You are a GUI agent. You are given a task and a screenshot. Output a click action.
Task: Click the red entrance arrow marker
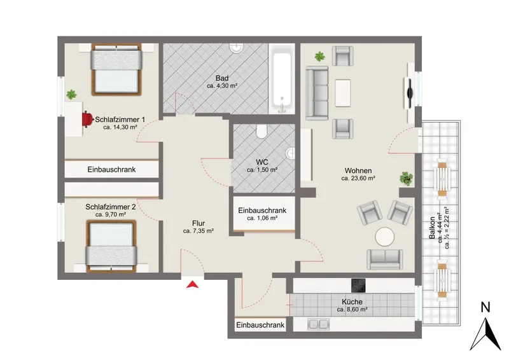[x=193, y=284]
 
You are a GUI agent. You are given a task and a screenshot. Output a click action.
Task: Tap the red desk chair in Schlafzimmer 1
[x=87, y=119]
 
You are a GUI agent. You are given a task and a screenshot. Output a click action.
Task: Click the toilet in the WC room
[x=261, y=131]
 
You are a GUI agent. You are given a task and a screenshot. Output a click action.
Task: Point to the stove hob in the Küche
[x=358, y=286]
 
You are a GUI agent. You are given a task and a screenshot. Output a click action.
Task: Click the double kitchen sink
[x=319, y=324]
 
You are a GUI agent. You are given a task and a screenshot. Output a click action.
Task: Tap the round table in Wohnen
[x=385, y=237]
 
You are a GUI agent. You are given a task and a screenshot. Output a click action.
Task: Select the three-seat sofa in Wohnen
[x=317, y=92]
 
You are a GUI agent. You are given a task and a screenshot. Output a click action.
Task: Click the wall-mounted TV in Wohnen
[x=410, y=93]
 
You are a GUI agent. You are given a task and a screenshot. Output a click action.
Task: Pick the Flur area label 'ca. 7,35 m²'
[x=198, y=231]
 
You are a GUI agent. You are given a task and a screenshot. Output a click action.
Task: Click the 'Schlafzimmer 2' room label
[x=110, y=207]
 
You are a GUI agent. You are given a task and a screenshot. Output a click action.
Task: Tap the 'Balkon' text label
[x=432, y=228]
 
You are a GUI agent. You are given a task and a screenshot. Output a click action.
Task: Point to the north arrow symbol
[x=485, y=335]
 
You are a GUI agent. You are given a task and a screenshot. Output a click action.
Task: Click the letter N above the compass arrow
[x=485, y=307]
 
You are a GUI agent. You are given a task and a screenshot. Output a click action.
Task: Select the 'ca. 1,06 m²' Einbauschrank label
[x=262, y=218]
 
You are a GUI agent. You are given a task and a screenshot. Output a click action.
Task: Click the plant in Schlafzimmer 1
[x=71, y=95]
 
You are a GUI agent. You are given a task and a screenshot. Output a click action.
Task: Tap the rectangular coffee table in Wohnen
[x=342, y=93]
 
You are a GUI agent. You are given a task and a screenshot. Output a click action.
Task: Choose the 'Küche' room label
[x=352, y=302]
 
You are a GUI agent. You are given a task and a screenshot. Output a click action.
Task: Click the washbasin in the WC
[x=291, y=153]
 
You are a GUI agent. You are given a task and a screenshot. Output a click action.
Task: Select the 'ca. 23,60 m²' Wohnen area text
[x=358, y=178]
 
